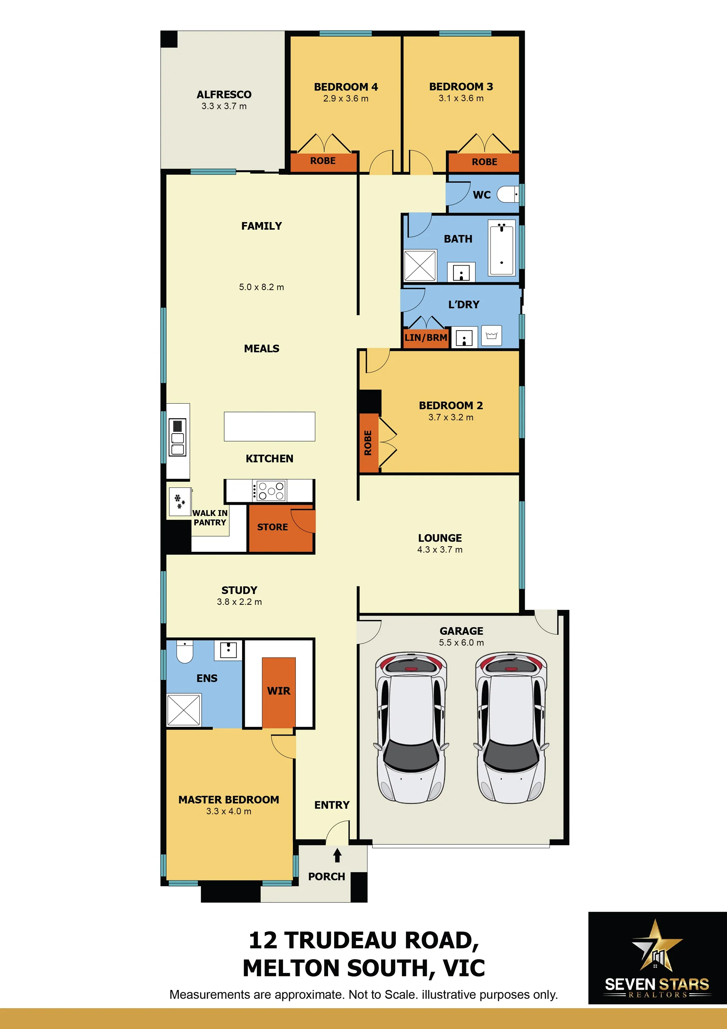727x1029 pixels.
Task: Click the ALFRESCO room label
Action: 224,95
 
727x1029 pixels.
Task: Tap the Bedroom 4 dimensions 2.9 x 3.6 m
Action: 346,99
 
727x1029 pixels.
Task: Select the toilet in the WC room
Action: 508,194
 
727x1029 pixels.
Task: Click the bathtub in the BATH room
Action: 502,247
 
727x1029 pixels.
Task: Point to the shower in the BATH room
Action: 420,265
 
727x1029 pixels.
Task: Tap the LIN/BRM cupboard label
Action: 425,337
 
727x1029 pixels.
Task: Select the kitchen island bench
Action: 270,426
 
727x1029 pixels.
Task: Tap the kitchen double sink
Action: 177,437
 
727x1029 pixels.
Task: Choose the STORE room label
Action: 272,527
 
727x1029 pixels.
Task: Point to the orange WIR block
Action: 278,692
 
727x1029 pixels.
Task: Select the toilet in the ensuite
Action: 184,652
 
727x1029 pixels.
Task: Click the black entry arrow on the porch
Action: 337,855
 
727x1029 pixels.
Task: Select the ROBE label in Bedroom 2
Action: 368,443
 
